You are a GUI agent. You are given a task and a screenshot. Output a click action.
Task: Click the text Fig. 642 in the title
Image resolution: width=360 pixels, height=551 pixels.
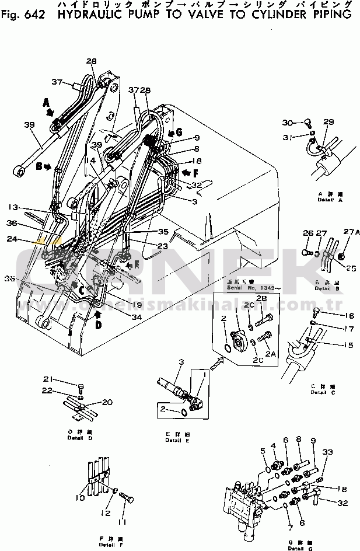tap(24, 15)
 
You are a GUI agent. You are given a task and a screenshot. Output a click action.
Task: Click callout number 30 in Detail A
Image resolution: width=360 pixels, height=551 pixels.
tap(286, 122)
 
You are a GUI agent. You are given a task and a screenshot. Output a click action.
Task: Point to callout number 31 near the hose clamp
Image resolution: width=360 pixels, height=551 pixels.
tap(286, 137)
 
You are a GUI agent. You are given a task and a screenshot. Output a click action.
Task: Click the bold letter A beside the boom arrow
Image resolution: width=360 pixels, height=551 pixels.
tap(46, 103)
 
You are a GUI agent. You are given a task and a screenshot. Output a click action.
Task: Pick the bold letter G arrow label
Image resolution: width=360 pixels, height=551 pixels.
tap(179, 133)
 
